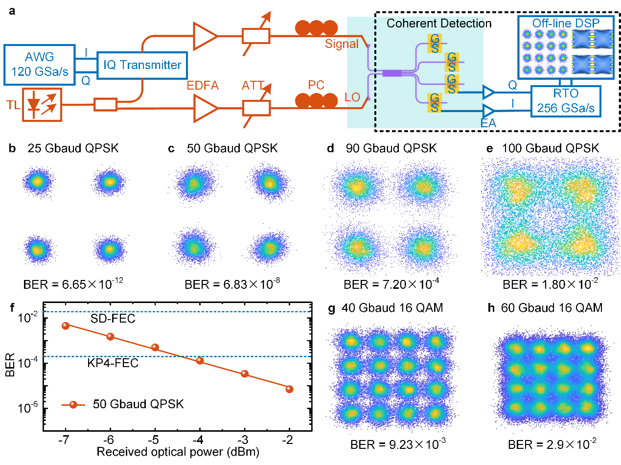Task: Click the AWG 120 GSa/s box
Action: (x=42, y=65)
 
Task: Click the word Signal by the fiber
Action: (x=342, y=44)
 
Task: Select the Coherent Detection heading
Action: (x=439, y=23)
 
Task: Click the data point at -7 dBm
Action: (x=66, y=325)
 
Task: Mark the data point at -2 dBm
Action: (x=289, y=389)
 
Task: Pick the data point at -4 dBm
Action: (x=200, y=361)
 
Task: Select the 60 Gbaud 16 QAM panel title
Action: (x=548, y=308)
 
